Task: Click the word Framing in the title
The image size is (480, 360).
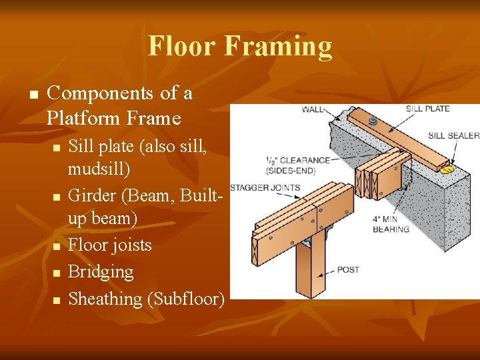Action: [x=279, y=46]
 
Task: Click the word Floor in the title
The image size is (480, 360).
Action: [x=182, y=46]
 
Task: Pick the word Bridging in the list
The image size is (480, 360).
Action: [x=101, y=272]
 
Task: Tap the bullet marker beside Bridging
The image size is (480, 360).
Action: [x=57, y=273]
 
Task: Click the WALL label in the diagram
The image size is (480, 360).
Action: [x=313, y=109]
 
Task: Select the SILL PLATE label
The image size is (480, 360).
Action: [x=427, y=109]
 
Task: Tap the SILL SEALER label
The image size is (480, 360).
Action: [x=453, y=135]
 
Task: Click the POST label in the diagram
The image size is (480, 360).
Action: [x=348, y=269]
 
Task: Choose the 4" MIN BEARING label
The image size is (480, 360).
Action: [x=391, y=224]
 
